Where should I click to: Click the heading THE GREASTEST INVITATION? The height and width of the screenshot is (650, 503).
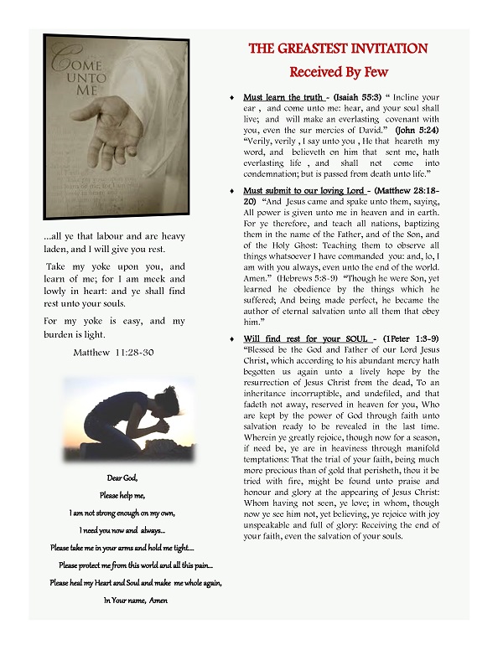[339, 49]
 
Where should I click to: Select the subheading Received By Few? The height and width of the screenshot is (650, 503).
[339, 73]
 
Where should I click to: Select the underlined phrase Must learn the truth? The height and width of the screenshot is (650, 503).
[281, 98]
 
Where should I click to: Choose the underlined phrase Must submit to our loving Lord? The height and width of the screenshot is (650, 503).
[303, 192]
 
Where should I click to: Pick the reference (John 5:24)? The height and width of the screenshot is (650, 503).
[416, 131]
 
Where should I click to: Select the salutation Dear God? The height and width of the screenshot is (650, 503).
[114, 477]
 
